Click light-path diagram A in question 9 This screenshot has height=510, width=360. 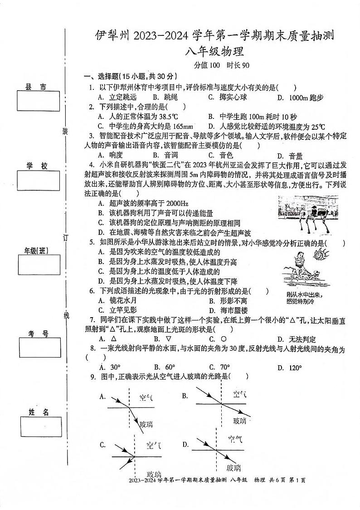pos(131,404)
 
